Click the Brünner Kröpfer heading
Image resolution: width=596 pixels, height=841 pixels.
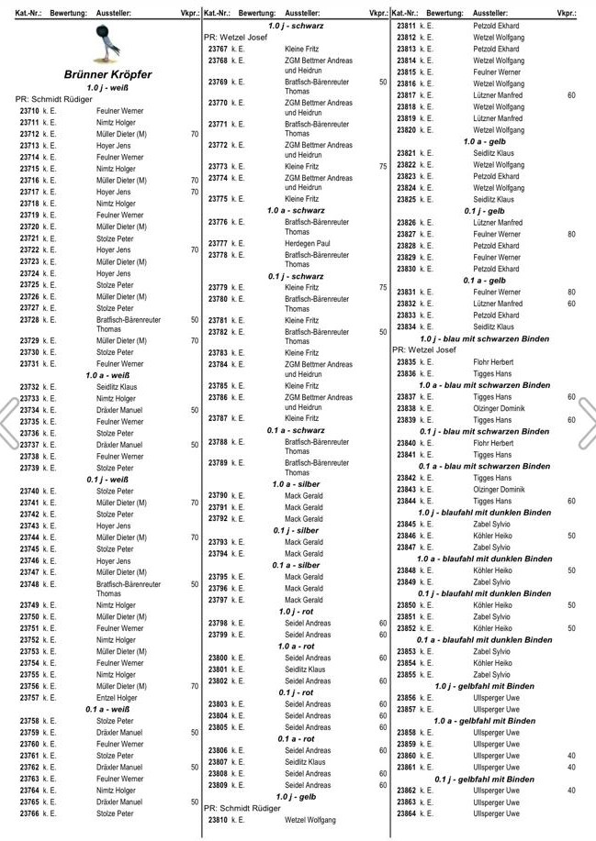click(107, 73)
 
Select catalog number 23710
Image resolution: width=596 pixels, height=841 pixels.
click(29, 111)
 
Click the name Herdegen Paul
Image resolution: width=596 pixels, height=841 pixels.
click(307, 243)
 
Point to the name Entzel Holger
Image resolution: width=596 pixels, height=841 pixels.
click(117, 698)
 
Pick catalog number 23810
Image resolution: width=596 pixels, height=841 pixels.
click(218, 820)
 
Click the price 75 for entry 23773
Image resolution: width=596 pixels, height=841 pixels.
click(382, 167)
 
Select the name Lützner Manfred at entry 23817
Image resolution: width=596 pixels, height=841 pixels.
click(498, 95)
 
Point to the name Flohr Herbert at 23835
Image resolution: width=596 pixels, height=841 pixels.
click(493, 362)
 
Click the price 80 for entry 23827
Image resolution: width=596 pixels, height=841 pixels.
click(571, 235)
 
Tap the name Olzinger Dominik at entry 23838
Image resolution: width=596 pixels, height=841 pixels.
click(499, 408)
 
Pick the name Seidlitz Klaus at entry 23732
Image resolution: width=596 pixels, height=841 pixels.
click(117, 388)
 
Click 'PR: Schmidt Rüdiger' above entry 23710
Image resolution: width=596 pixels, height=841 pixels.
click(53, 99)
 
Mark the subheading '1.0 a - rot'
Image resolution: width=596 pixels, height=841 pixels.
click(296, 647)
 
